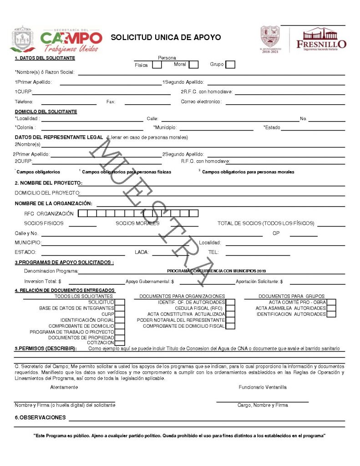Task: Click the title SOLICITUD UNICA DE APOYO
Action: [166, 37]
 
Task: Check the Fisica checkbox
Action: [157, 65]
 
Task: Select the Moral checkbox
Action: [193, 65]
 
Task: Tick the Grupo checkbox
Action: [230, 65]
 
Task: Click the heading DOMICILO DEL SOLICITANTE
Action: [46, 111]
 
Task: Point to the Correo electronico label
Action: [201, 101]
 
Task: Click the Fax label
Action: [111, 101]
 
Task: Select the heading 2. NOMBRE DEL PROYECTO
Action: [48, 183]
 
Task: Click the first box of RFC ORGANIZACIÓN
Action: [82, 213]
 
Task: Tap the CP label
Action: [276, 233]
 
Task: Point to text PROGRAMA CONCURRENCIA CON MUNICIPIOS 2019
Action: [217, 271]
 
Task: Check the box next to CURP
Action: [120, 314]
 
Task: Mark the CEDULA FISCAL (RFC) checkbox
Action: [230, 308]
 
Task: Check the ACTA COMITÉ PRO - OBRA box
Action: [331, 302]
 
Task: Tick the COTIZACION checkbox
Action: [120, 343]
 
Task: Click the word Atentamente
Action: [64, 387]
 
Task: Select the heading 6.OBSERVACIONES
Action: [40, 417]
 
